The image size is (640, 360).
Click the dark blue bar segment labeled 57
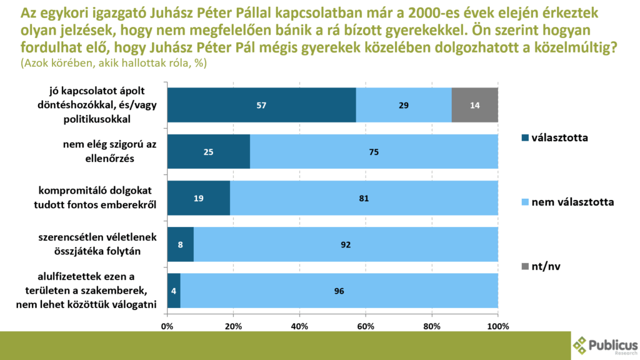pyautogui.click(x=261, y=105)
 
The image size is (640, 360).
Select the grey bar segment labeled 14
pyautogui.click(x=474, y=105)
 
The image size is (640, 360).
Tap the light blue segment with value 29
pyautogui.click(x=404, y=105)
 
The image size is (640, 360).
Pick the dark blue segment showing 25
pyautogui.click(x=208, y=151)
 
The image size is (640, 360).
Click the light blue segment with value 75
pyautogui.click(x=374, y=151)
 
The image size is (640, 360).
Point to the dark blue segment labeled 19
pyautogui.click(x=198, y=198)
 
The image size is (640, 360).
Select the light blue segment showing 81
pyautogui.click(x=364, y=198)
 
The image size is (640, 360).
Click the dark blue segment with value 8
pyautogui.click(x=181, y=244)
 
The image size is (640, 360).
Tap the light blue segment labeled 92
pyautogui.click(x=346, y=244)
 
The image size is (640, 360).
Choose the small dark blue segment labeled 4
pyautogui.click(x=174, y=291)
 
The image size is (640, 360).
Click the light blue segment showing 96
pyautogui.click(x=339, y=291)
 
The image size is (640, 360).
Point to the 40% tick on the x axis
pyautogui.click(x=299, y=326)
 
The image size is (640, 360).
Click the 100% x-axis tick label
pyautogui.click(x=497, y=326)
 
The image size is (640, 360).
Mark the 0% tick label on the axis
pyautogui.click(x=167, y=326)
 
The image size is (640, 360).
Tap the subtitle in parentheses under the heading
pyautogui.click(x=113, y=64)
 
